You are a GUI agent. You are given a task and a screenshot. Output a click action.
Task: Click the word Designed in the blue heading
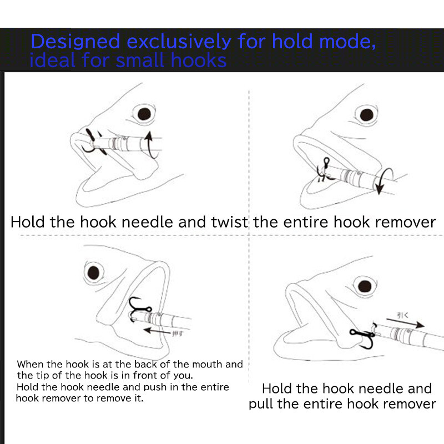75,42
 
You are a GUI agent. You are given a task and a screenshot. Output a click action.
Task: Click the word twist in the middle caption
229,223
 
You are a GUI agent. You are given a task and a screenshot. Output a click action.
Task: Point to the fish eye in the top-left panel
145,113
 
